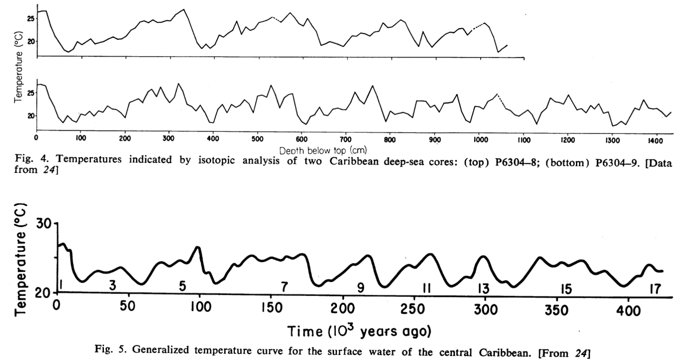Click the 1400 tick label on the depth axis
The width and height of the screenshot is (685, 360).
click(656, 140)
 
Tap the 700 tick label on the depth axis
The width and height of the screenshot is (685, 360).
click(346, 140)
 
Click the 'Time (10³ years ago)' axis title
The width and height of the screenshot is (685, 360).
click(360, 331)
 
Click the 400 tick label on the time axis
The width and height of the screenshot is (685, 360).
click(627, 310)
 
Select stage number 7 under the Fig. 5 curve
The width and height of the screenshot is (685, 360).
click(285, 287)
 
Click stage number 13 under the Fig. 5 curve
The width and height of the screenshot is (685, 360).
click(483, 288)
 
